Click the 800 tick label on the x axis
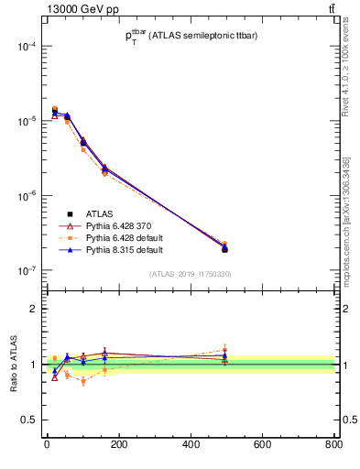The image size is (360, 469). click(333, 446)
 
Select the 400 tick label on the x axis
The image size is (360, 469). click(190, 446)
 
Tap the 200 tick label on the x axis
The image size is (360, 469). click(118, 446)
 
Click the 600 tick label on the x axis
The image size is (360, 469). click(262, 446)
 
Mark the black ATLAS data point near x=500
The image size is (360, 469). click(224, 249)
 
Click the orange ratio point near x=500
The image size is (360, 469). click(224, 350)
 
